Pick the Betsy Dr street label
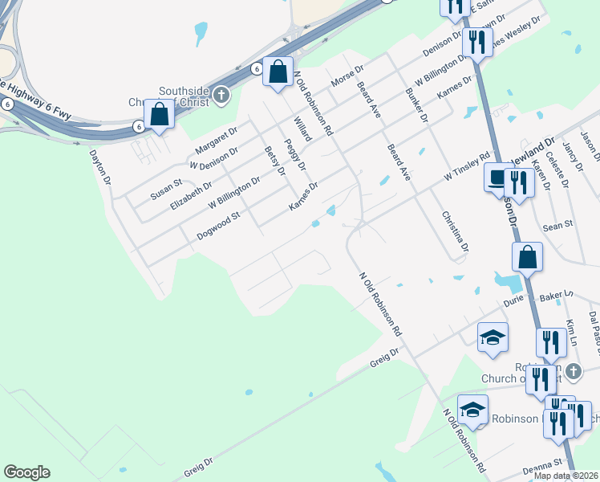pos(274,160)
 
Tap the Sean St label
pos(557,226)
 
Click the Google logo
pos(26,472)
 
